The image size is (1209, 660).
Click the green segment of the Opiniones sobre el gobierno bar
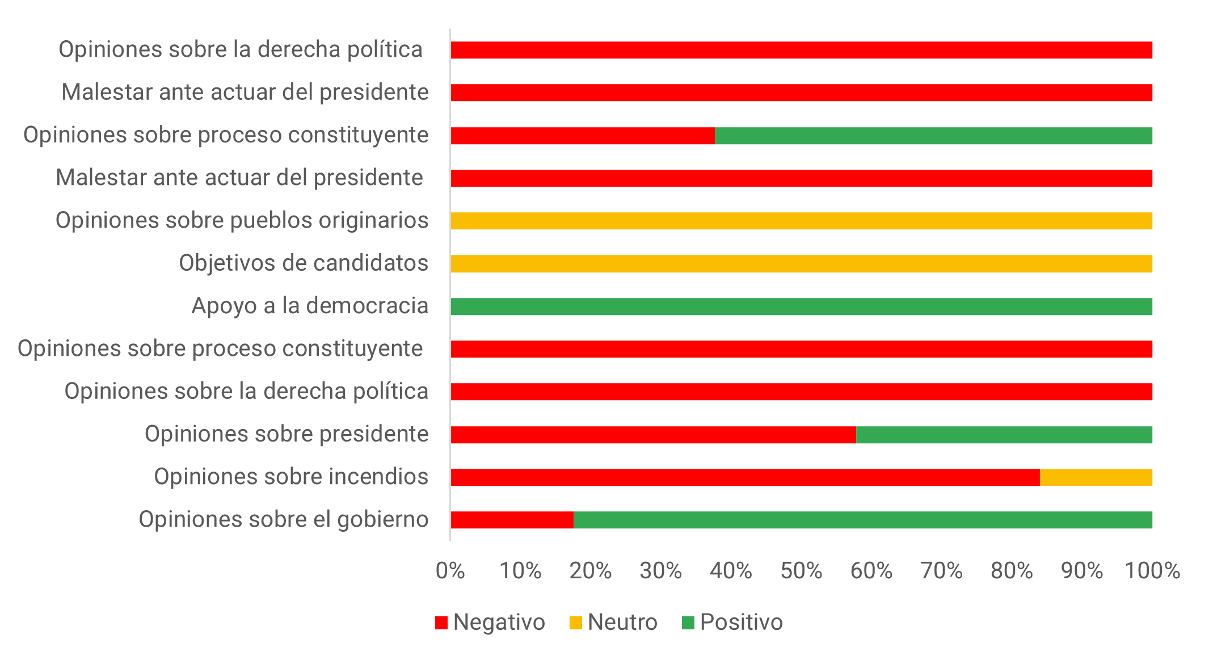pyautogui.click(x=862, y=520)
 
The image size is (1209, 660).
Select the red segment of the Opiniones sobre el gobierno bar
pyautogui.click(x=512, y=520)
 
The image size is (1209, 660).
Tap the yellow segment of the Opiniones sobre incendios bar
pyautogui.click(x=1096, y=477)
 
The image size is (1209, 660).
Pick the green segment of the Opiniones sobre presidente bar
pyautogui.click(x=1004, y=435)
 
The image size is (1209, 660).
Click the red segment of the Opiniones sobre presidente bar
pyautogui.click(x=653, y=435)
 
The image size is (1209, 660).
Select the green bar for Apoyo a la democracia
pyautogui.click(x=801, y=306)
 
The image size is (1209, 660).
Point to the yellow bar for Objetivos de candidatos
pyautogui.click(x=801, y=264)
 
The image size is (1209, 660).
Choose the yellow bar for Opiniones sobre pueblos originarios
pyautogui.click(x=801, y=221)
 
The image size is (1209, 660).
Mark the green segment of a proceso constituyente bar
pyautogui.click(x=933, y=136)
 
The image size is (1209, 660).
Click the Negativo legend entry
pyautogui.click(x=490, y=623)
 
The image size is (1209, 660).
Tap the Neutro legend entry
pyautogui.click(x=613, y=623)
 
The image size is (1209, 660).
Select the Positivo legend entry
pyautogui.click(x=732, y=623)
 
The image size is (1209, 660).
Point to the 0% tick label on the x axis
pyautogui.click(x=450, y=571)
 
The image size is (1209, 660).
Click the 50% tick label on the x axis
pyautogui.click(x=801, y=571)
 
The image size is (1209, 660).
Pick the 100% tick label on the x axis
pyautogui.click(x=1152, y=571)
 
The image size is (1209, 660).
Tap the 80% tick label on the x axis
pyautogui.click(x=1012, y=571)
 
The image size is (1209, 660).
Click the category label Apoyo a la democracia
pyautogui.click(x=310, y=306)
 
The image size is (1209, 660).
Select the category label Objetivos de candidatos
pyautogui.click(x=304, y=263)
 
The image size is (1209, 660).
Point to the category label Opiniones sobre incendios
pyautogui.click(x=291, y=477)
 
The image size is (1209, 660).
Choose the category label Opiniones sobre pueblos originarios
pyautogui.click(x=242, y=220)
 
